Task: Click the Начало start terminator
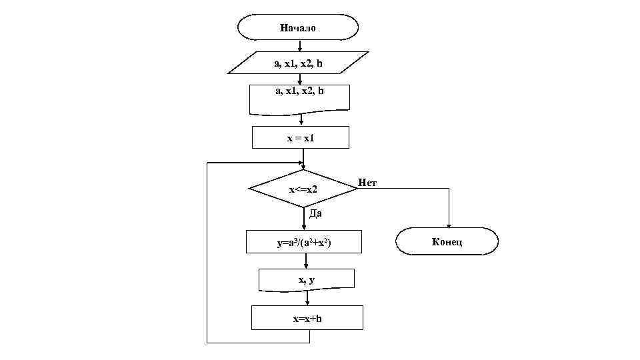pos(298,28)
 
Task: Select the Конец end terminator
pos(447,241)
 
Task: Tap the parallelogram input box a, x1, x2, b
pos(299,63)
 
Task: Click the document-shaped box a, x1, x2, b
pos(299,97)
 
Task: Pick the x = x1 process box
pos(299,137)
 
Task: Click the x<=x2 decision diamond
pos(303,189)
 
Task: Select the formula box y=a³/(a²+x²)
pos(304,243)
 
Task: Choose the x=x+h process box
pos(307,318)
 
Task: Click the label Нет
pos(367,182)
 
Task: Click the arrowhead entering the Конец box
pos(449,225)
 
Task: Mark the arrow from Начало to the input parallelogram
pos(300,46)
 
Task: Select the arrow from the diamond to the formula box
pos(304,219)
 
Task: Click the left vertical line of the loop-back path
pos(207,253)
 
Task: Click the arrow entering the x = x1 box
pos(302,121)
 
